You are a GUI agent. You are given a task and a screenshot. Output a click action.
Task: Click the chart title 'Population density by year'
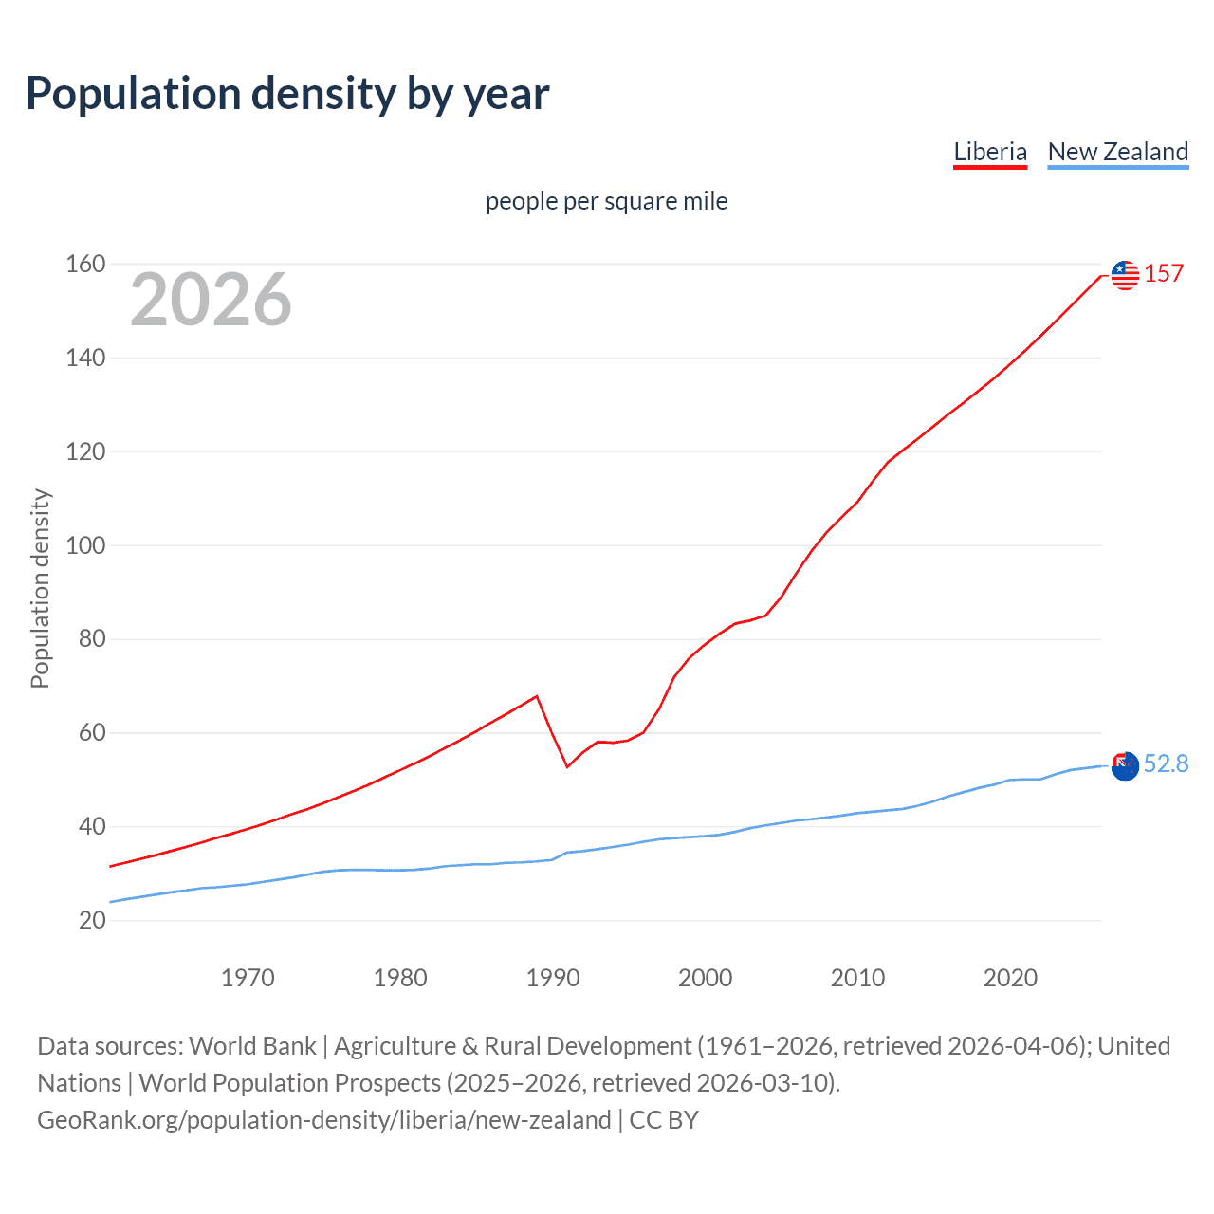click(287, 94)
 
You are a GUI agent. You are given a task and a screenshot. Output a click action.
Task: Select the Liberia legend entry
click(990, 152)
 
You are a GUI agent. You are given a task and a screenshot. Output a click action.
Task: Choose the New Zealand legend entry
click(1117, 152)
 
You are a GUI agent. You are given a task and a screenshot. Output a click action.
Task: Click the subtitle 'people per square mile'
click(607, 201)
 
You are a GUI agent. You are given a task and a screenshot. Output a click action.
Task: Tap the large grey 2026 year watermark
click(211, 300)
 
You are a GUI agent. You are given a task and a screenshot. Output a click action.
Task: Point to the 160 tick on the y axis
click(85, 264)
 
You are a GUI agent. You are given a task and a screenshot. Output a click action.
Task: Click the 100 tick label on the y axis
click(85, 545)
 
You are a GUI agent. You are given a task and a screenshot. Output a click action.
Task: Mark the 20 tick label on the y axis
click(92, 920)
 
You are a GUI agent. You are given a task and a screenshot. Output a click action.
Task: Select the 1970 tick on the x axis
click(248, 978)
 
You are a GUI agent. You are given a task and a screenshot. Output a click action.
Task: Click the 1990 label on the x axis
click(553, 978)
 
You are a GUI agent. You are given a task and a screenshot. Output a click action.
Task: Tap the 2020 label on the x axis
click(1010, 978)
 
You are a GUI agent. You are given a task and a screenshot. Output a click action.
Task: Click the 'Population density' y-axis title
click(40, 588)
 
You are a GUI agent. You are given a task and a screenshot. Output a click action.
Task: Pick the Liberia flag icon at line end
click(1125, 275)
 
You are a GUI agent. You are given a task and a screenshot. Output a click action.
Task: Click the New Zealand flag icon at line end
click(1125, 765)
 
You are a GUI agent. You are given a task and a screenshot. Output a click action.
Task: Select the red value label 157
click(1164, 274)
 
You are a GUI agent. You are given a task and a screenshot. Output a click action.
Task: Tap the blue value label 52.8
click(1166, 763)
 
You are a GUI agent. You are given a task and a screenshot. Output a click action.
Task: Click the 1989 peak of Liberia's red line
click(537, 696)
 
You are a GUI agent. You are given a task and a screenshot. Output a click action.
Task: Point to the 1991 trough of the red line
click(567, 766)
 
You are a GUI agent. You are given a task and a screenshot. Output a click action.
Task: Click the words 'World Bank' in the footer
click(252, 1045)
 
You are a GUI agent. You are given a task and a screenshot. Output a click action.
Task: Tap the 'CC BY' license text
click(664, 1119)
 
